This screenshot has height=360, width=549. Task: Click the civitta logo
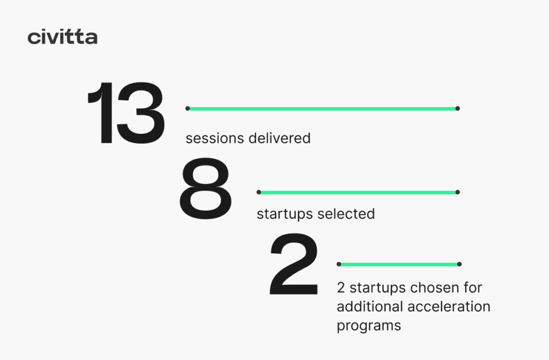point(62,37)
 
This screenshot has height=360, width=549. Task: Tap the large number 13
point(126,113)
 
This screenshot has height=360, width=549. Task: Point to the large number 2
point(294,263)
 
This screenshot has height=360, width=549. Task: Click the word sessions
point(214,138)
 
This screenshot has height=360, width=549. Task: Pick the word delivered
point(279,138)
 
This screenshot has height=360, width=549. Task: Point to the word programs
point(369,326)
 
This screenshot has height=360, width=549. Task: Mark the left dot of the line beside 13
point(188,109)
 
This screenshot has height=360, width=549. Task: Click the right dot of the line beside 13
point(458,109)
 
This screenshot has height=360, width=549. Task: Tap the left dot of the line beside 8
point(259,192)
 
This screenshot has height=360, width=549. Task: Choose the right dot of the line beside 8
point(458,192)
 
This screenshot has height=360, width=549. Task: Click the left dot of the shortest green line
point(339,265)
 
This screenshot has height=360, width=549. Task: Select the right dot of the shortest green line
point(459,265)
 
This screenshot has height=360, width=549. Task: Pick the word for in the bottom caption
point(473,288)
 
